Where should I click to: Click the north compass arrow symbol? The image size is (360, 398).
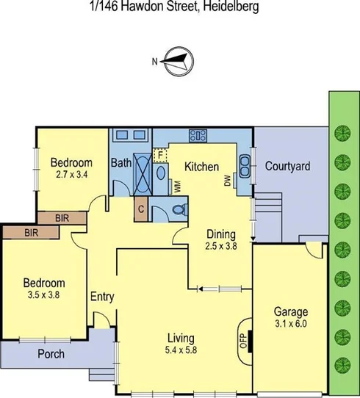click(176, 61)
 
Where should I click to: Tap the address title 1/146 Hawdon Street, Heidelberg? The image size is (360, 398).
click(179, 8)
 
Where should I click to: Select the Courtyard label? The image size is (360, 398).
click(287, 166)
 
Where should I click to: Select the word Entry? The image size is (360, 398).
click(101, 297)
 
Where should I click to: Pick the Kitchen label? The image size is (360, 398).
click(200, 167)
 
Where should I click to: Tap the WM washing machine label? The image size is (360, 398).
click(179, 187)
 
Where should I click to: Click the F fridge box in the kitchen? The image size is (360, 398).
click(160, 156)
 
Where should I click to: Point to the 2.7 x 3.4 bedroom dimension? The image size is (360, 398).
click(71, 175)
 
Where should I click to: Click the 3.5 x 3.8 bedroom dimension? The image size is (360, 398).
click(43, 295)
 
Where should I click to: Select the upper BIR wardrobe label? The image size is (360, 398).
click(61, 218)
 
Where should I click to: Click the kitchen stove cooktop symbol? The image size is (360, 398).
click(197, 134)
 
